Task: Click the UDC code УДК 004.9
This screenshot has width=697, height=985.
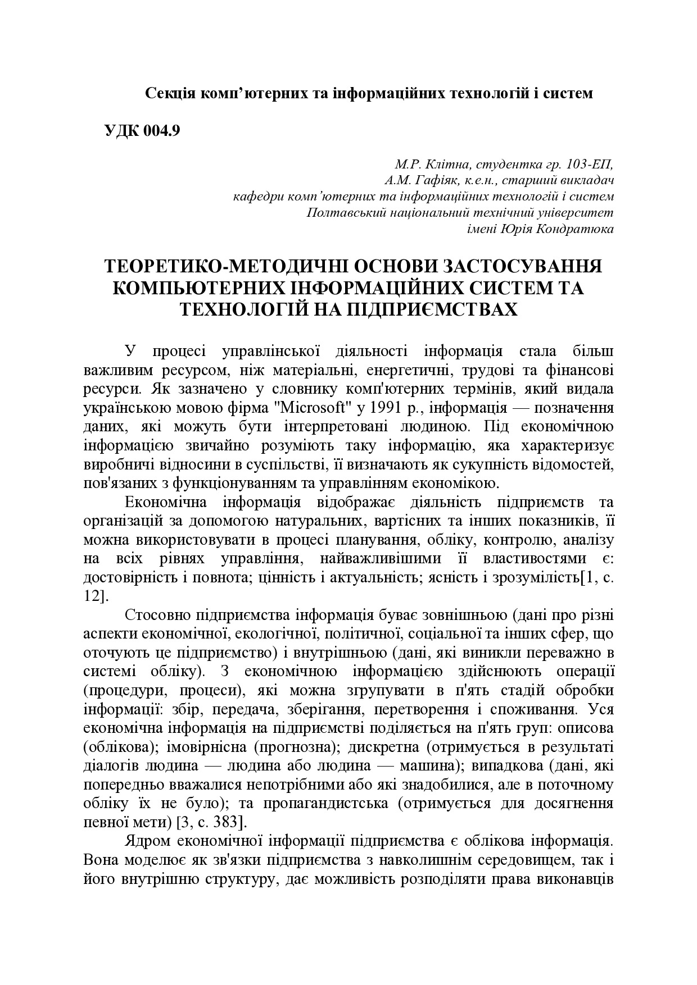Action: pyautogui.click(x=142, y=130)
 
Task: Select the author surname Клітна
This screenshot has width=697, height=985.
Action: pyautogui.click(x=448, y=165)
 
